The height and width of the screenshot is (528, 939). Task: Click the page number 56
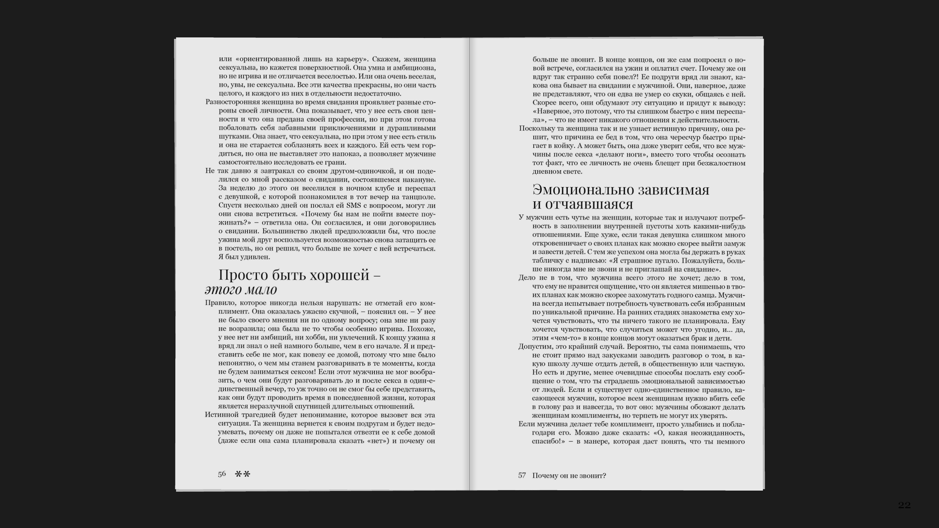(222, 474)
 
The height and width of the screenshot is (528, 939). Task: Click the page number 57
(522, 476)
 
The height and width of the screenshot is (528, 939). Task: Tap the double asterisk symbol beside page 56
(242, 474)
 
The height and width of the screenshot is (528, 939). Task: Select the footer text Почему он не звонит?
(569, 476)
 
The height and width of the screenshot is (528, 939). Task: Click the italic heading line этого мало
(241, 290)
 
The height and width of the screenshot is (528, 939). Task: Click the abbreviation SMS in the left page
(354, 205)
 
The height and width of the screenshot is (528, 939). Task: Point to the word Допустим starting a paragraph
(534, 347)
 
